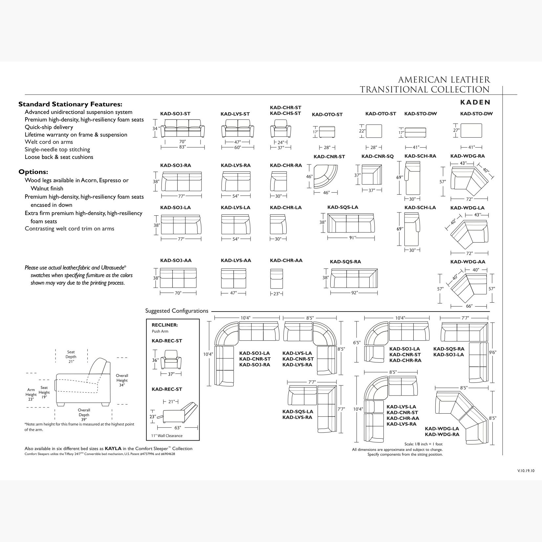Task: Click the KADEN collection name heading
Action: [x=475, y=102]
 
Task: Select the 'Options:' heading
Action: [x=33, y=172]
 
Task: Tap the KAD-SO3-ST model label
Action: [x=175, y=114]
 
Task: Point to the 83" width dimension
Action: [x=183, y=147]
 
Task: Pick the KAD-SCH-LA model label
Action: [x=420, y=207]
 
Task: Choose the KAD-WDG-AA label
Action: [x=467, y=262]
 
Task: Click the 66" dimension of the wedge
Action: [x=469, y=306]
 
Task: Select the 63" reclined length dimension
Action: [x=178, y=427]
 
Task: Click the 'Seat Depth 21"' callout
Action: [x=71, y=357]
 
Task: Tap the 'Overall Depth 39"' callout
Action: [x=84, y=415]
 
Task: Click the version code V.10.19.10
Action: [x=526, y=470]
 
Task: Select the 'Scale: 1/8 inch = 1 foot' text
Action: [x=423, y=444]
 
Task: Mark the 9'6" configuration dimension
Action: [x=492, y=352]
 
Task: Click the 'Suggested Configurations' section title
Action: [x=177, y=311]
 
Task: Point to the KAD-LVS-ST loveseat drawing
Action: [x=238, y=129]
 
